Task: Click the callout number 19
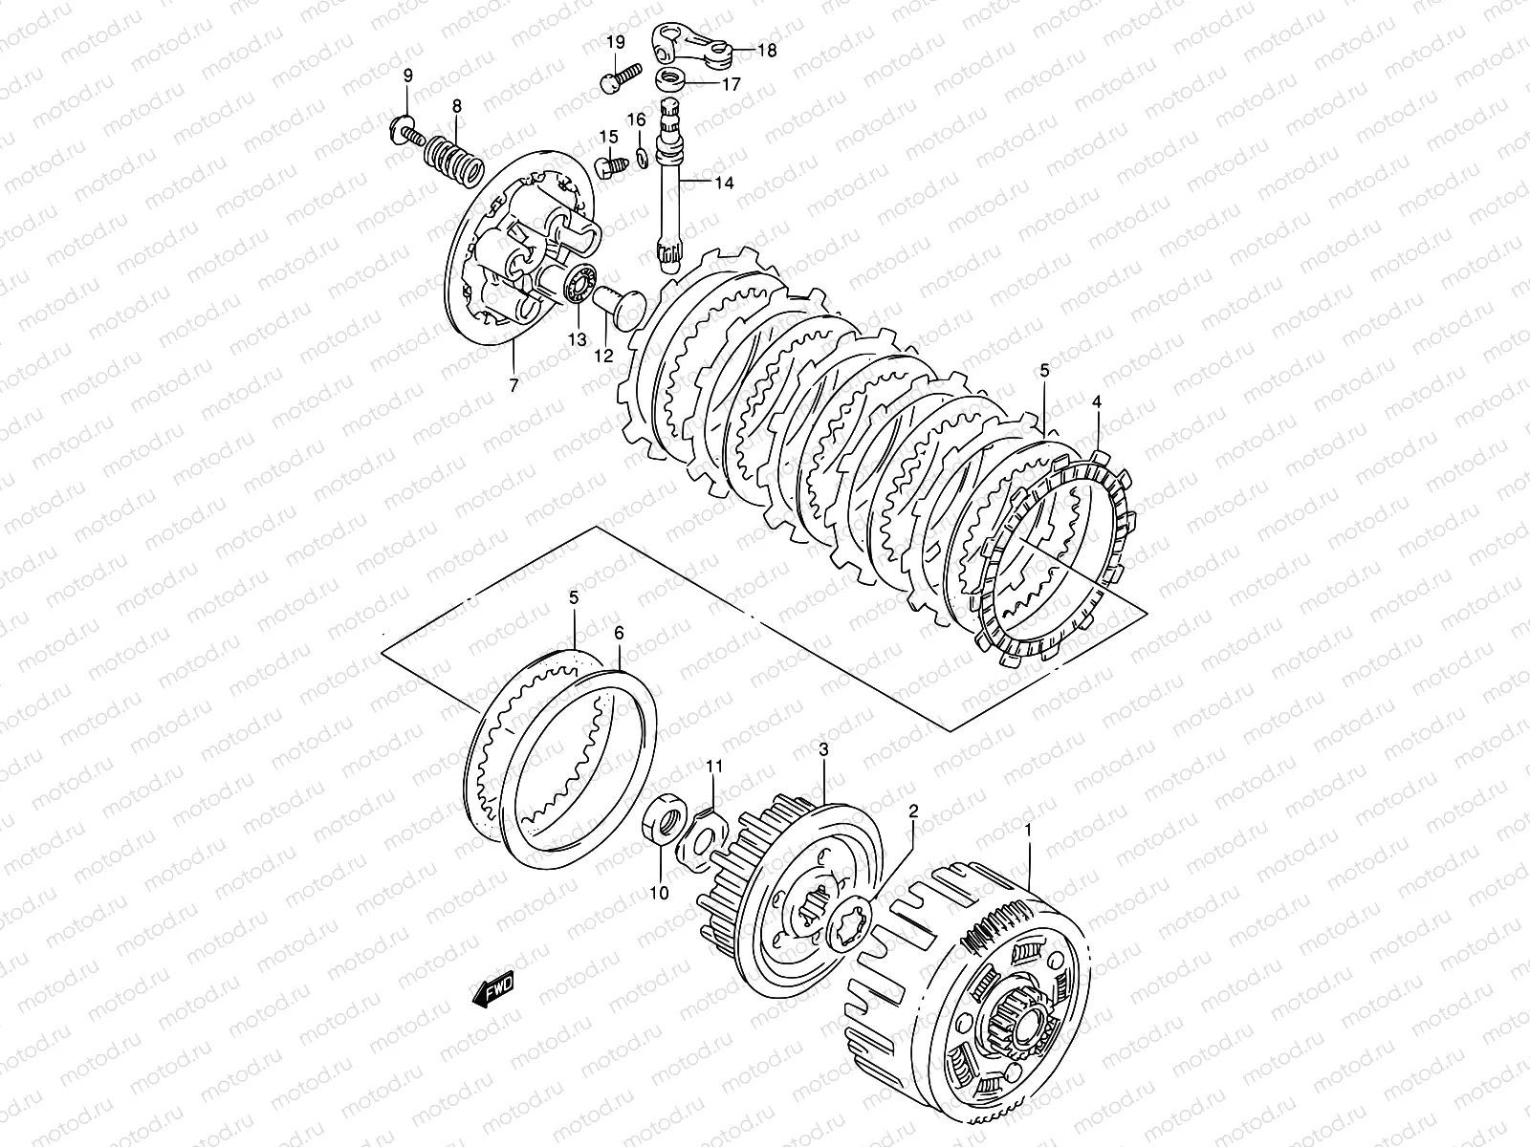pos(614,41)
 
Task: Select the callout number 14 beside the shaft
pos(724,182)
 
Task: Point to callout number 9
pos(407,76)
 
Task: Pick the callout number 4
pos(1097,402)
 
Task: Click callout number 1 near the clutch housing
pos(1028,830)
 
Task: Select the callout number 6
pos(619,633)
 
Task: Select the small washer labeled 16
pos(642,154)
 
